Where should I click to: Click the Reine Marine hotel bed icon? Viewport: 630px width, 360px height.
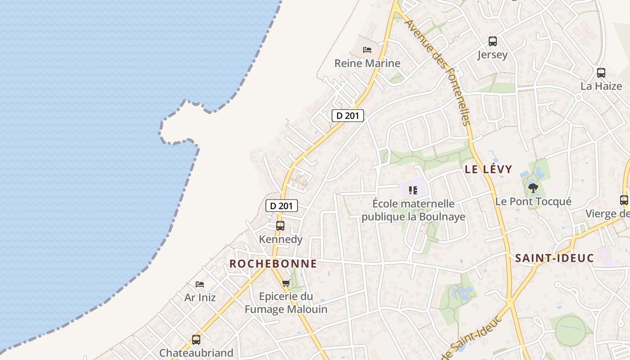point(367,49)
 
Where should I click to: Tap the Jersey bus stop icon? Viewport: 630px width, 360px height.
point(493,41)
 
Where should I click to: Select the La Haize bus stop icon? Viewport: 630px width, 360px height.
point(601,73)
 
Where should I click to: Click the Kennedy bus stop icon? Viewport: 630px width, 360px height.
point(280,226)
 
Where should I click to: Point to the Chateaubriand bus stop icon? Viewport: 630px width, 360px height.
point(196,340)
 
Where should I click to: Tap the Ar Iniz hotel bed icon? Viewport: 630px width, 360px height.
point(200,284)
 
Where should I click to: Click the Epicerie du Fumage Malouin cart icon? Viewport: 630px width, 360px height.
point(286,283)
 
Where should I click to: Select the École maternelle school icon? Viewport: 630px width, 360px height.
point(413,190)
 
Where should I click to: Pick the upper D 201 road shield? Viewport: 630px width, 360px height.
point(347,116)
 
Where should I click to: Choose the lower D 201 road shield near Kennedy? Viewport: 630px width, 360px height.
point(282,206)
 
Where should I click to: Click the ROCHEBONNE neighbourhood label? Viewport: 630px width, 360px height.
point(273,264)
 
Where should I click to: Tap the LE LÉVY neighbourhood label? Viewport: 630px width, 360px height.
point(488,169)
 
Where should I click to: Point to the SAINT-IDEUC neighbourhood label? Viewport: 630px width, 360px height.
point(554,258)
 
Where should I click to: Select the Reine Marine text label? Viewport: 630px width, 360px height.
point(367,63)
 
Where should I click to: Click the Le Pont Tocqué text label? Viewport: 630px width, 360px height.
point(533,201)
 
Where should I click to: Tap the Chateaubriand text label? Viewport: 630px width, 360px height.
point(196,353)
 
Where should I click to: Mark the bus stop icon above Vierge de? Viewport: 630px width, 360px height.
point(624,200)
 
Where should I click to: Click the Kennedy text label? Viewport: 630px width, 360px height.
point(281,239)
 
